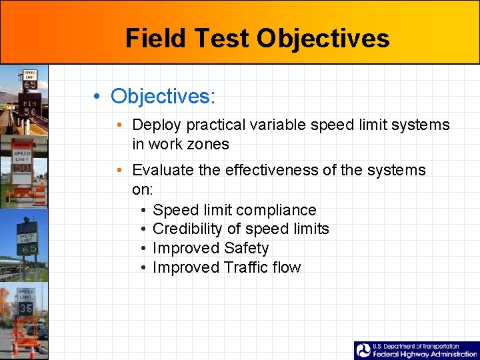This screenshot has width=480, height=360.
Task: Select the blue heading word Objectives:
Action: click(163, 96)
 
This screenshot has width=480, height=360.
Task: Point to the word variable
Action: click(271, 125)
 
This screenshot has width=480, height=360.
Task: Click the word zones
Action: click(208, 144)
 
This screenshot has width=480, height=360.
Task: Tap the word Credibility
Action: click(186, 229)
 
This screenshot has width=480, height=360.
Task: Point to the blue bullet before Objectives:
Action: click(97, 97)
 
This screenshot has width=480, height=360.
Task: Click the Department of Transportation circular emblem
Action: click(363, 351)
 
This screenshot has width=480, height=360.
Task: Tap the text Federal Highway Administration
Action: click(425, 355)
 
